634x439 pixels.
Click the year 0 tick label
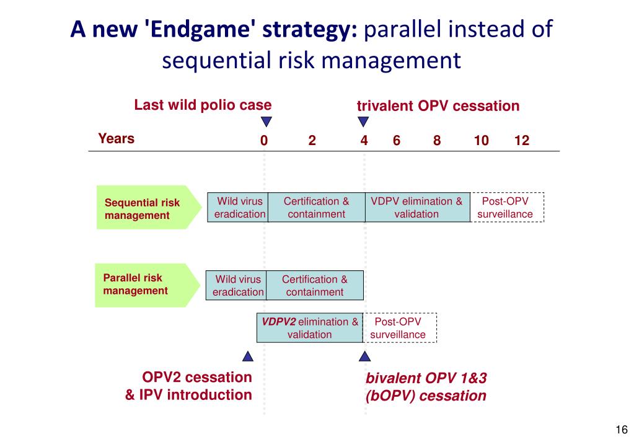(264, 141)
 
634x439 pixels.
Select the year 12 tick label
(522, 141)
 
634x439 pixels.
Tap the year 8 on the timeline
(437, 141)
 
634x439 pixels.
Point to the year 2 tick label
(312, 141)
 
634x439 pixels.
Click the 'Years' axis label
(116, 138)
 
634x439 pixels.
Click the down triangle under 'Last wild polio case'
(266, 122)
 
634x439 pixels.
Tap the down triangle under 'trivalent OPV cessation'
(364, 122)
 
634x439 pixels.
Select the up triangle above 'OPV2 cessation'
(248, 356)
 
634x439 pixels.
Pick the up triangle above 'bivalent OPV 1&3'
(364, 356)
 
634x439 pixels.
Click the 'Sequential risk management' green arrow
(149, 207)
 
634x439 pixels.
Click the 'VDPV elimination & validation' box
(416, 208)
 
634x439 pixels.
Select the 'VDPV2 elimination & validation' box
(310, 328)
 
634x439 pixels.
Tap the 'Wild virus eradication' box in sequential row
(237, 208)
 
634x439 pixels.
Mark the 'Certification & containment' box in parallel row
(315, 285)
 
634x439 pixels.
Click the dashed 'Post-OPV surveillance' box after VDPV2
(399, 328)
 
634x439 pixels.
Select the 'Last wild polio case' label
(203, 105)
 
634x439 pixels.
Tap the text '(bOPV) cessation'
(426, 396)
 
